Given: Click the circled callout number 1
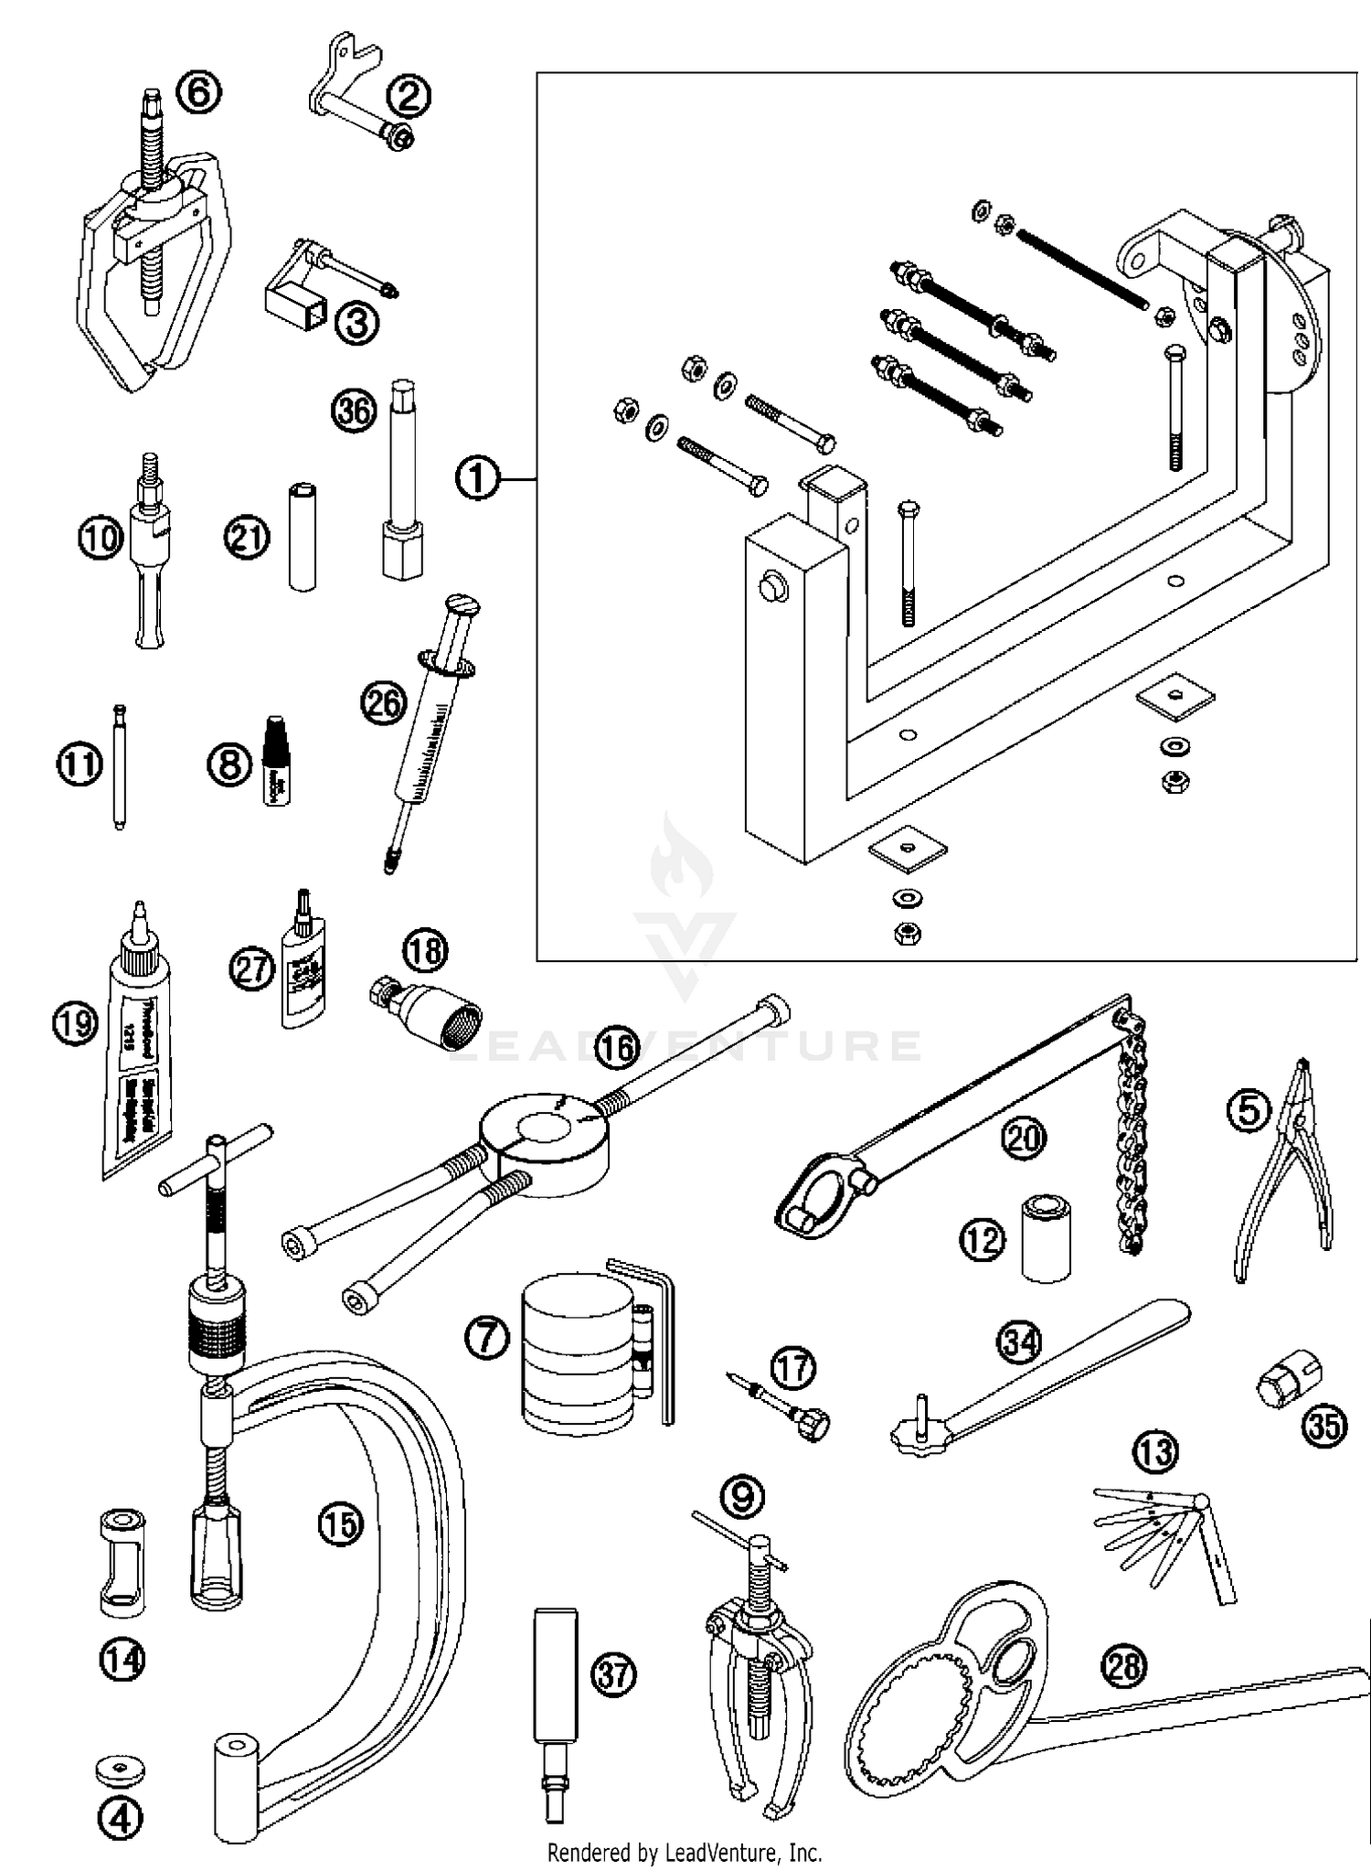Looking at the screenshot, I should (477, 479).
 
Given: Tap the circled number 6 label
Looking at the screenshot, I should (198, 92).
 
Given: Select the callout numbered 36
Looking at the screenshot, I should (354, 411).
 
